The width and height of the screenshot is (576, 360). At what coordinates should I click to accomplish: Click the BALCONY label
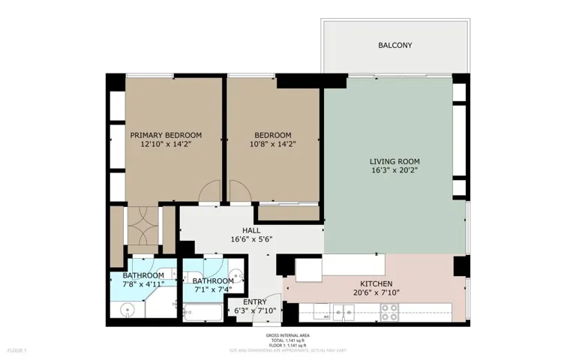[394, 46]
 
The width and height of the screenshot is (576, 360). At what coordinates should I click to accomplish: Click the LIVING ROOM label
[394, 161]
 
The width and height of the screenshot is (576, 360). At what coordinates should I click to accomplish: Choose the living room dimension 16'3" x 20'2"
[394, 171]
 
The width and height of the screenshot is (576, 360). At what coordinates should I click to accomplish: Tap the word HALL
[251, 230]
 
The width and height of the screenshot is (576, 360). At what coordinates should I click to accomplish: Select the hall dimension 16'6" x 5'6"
[251, 240]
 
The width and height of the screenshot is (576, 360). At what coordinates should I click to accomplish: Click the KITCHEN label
[376, 283]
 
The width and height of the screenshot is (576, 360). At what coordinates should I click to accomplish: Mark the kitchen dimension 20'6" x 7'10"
[376, 293]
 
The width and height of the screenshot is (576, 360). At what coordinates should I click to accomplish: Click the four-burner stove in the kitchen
[388, 313]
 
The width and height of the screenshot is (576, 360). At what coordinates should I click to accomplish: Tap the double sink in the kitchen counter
[343, 313]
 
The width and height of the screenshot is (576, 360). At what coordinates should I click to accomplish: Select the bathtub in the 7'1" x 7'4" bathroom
[202, 313]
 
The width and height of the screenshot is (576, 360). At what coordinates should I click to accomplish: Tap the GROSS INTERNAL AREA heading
[288, 335]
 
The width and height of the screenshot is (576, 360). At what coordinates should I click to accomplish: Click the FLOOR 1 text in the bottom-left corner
[16, 350]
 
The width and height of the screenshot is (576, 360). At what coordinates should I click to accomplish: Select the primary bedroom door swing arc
[210, 192]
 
